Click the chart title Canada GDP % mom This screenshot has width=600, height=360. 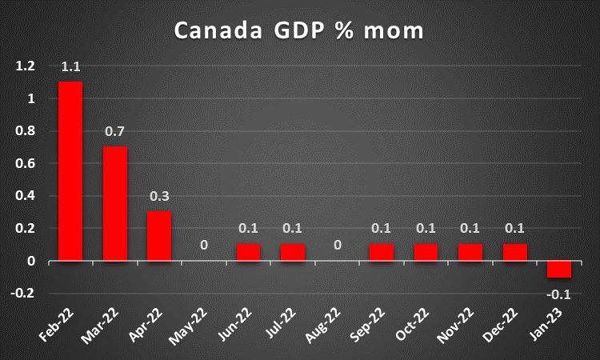click(300, 32)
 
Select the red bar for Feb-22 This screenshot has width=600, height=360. click(70, 171)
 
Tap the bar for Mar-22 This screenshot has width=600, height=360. click(115, 203)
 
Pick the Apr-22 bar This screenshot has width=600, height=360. click(159, 236)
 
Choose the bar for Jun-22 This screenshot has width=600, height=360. click(248, 252)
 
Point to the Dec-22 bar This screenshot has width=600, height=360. click(515, 252)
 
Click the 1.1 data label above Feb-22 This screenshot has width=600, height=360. click(70, 69)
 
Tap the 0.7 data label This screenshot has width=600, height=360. click(115, 132)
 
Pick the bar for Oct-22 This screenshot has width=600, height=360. click(426, 252)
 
